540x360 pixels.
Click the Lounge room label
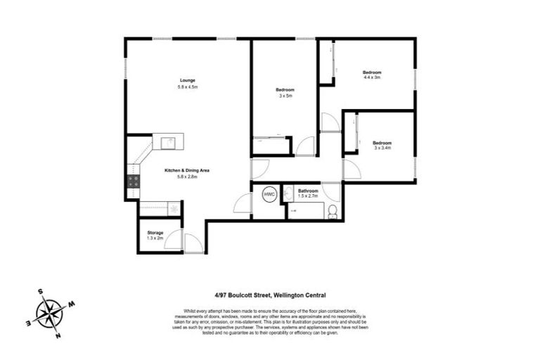(x=187, y=79)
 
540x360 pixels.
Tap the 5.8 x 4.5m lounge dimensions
(x=187, y=86)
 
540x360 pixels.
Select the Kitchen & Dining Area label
(x=187, y=170)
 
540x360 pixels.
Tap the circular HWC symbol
(x=269, y=193)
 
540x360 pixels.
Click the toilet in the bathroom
(x=333, y=210)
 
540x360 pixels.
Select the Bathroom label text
(x=308, y=191)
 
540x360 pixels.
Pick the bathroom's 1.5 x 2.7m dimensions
(x=308, y=197)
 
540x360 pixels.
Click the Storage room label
(x=155, y=233)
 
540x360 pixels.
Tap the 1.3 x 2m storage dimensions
(x=155, y=239)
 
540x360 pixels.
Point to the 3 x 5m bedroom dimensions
(x=285, y=96)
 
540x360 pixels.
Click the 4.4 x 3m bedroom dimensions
(x=372, y=77)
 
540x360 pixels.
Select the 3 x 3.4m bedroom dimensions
(x=382, y=148)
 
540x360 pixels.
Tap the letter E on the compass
(x=28, y=322)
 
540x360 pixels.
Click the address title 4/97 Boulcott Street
(x=270, y=295)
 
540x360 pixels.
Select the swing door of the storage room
(x=176, y=240)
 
